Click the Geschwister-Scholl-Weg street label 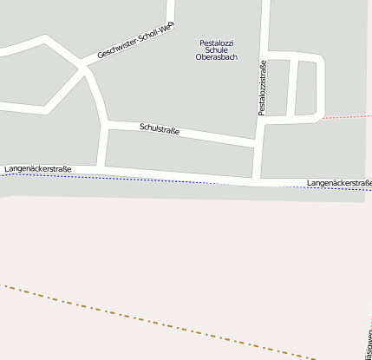(135, 40)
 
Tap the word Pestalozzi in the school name (217, 43)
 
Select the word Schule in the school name (216, 50)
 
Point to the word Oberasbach (216, 58)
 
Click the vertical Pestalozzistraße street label (261, 88)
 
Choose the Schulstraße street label (160, 129)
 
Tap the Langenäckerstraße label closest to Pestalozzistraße (339, 183)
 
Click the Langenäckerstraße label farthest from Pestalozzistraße (37, 168)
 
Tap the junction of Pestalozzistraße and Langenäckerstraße (257, 183)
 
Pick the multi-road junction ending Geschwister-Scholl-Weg (84, 68)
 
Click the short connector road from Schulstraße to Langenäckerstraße (102, 145)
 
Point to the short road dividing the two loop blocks (292, 87)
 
